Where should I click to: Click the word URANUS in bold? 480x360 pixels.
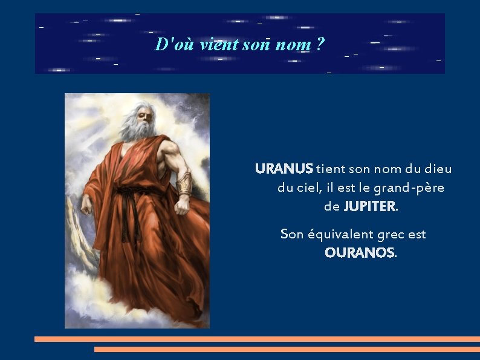pyautogui.click(x=284, y=169)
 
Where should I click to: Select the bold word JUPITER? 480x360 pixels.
pyautogui.click(x=369, y=206)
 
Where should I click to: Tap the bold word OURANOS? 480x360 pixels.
pyautogui.click(x=359, y=253)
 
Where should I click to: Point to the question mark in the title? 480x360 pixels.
pyautogui.click(x=320, y=44)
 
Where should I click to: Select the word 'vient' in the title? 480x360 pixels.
pyautogui.click(x=218, y=44)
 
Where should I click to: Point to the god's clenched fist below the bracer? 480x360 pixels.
pyautogui.click(x=181, y=206)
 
